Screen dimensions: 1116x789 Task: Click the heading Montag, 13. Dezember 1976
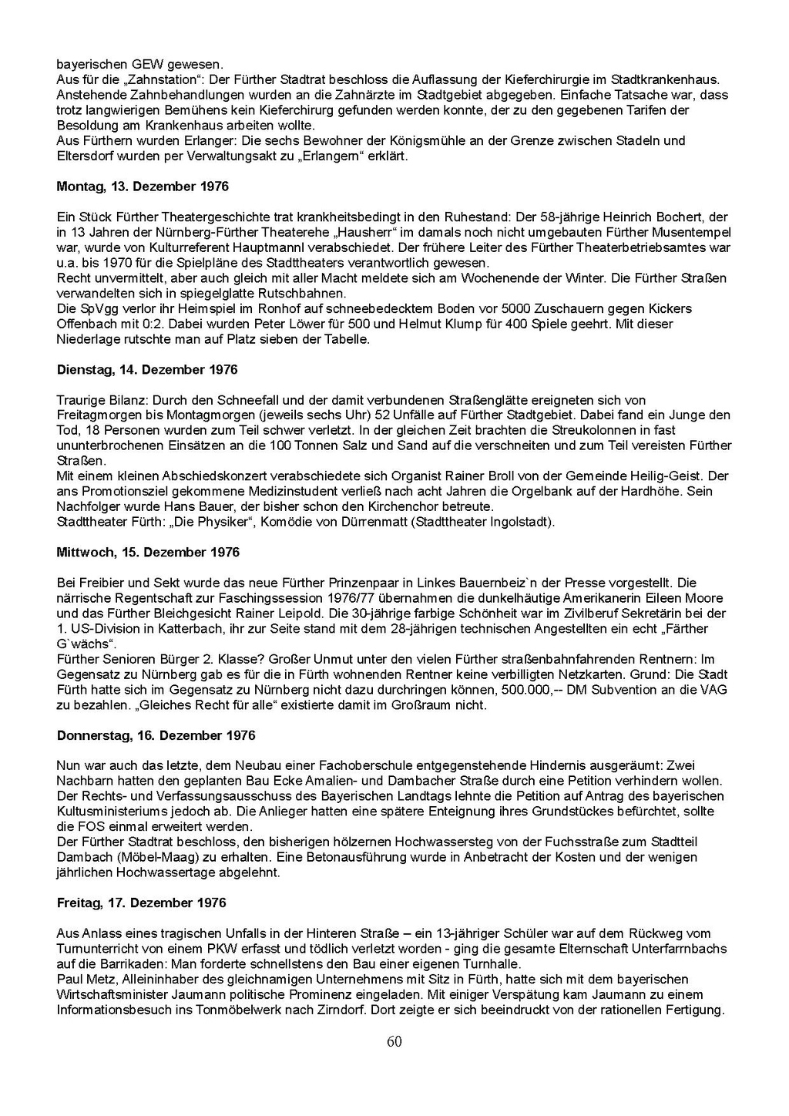pyautogui.click(x=143, y=187)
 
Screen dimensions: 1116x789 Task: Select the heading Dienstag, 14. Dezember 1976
pyautogui.click(x=147, y=370)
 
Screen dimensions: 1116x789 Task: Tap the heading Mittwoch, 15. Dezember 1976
pyautogui.click(x=148, y=553)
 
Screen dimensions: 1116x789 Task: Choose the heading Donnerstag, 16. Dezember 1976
pyautogui.click(x=156, y=735)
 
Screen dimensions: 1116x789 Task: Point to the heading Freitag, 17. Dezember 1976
pyautogui.click(x=141, y=903)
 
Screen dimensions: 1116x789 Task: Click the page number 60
pyautogui.click(x=394, y=1042)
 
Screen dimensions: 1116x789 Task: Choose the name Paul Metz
pyautogui.click(x=85, y=980)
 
